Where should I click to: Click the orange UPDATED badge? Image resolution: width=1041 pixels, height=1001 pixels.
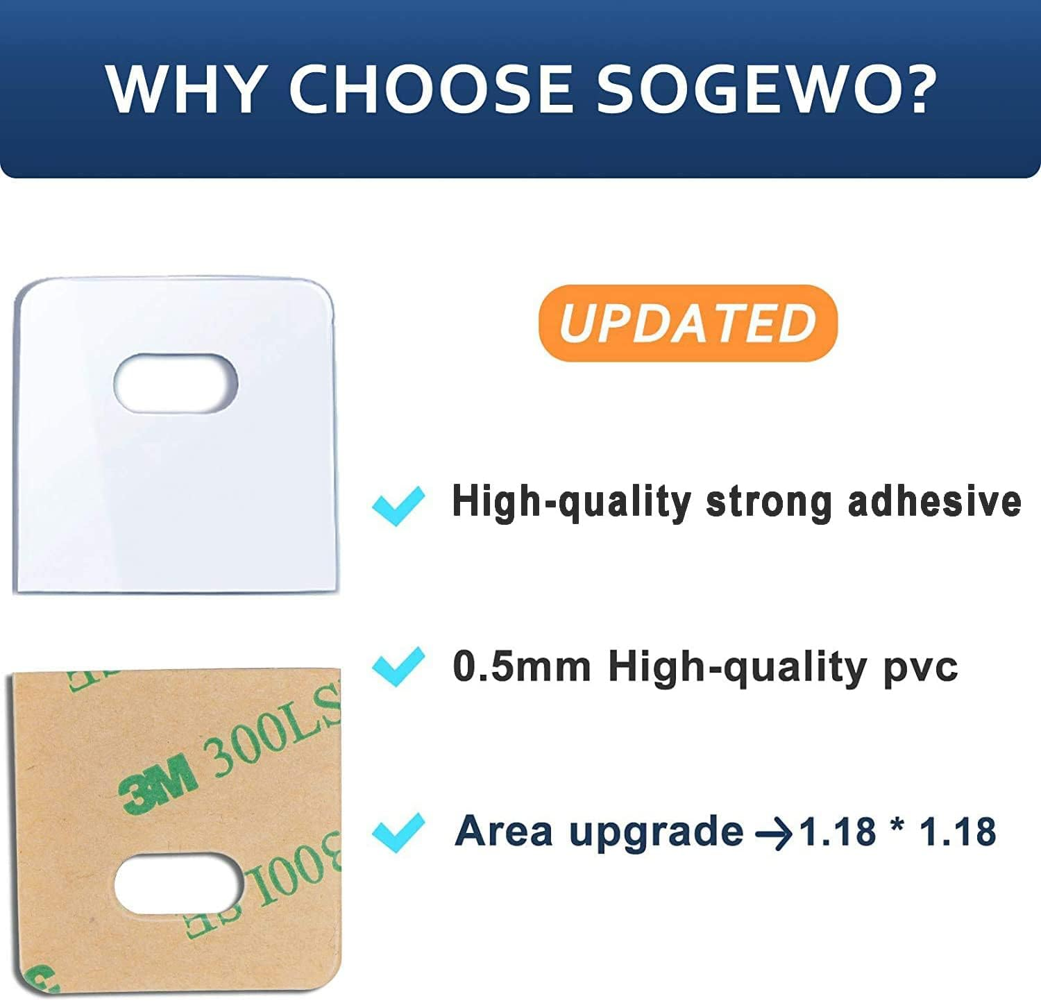[688, 323]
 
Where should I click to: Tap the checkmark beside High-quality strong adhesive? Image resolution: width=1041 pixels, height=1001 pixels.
[398, 505]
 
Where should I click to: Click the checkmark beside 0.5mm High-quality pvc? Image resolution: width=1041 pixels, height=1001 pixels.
[398, 666]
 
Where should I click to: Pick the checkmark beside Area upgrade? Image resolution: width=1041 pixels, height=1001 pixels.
[398, 832]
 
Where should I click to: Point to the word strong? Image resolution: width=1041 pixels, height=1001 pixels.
[768, 503]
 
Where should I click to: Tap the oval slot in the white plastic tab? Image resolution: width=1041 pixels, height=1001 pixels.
[176, 382]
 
